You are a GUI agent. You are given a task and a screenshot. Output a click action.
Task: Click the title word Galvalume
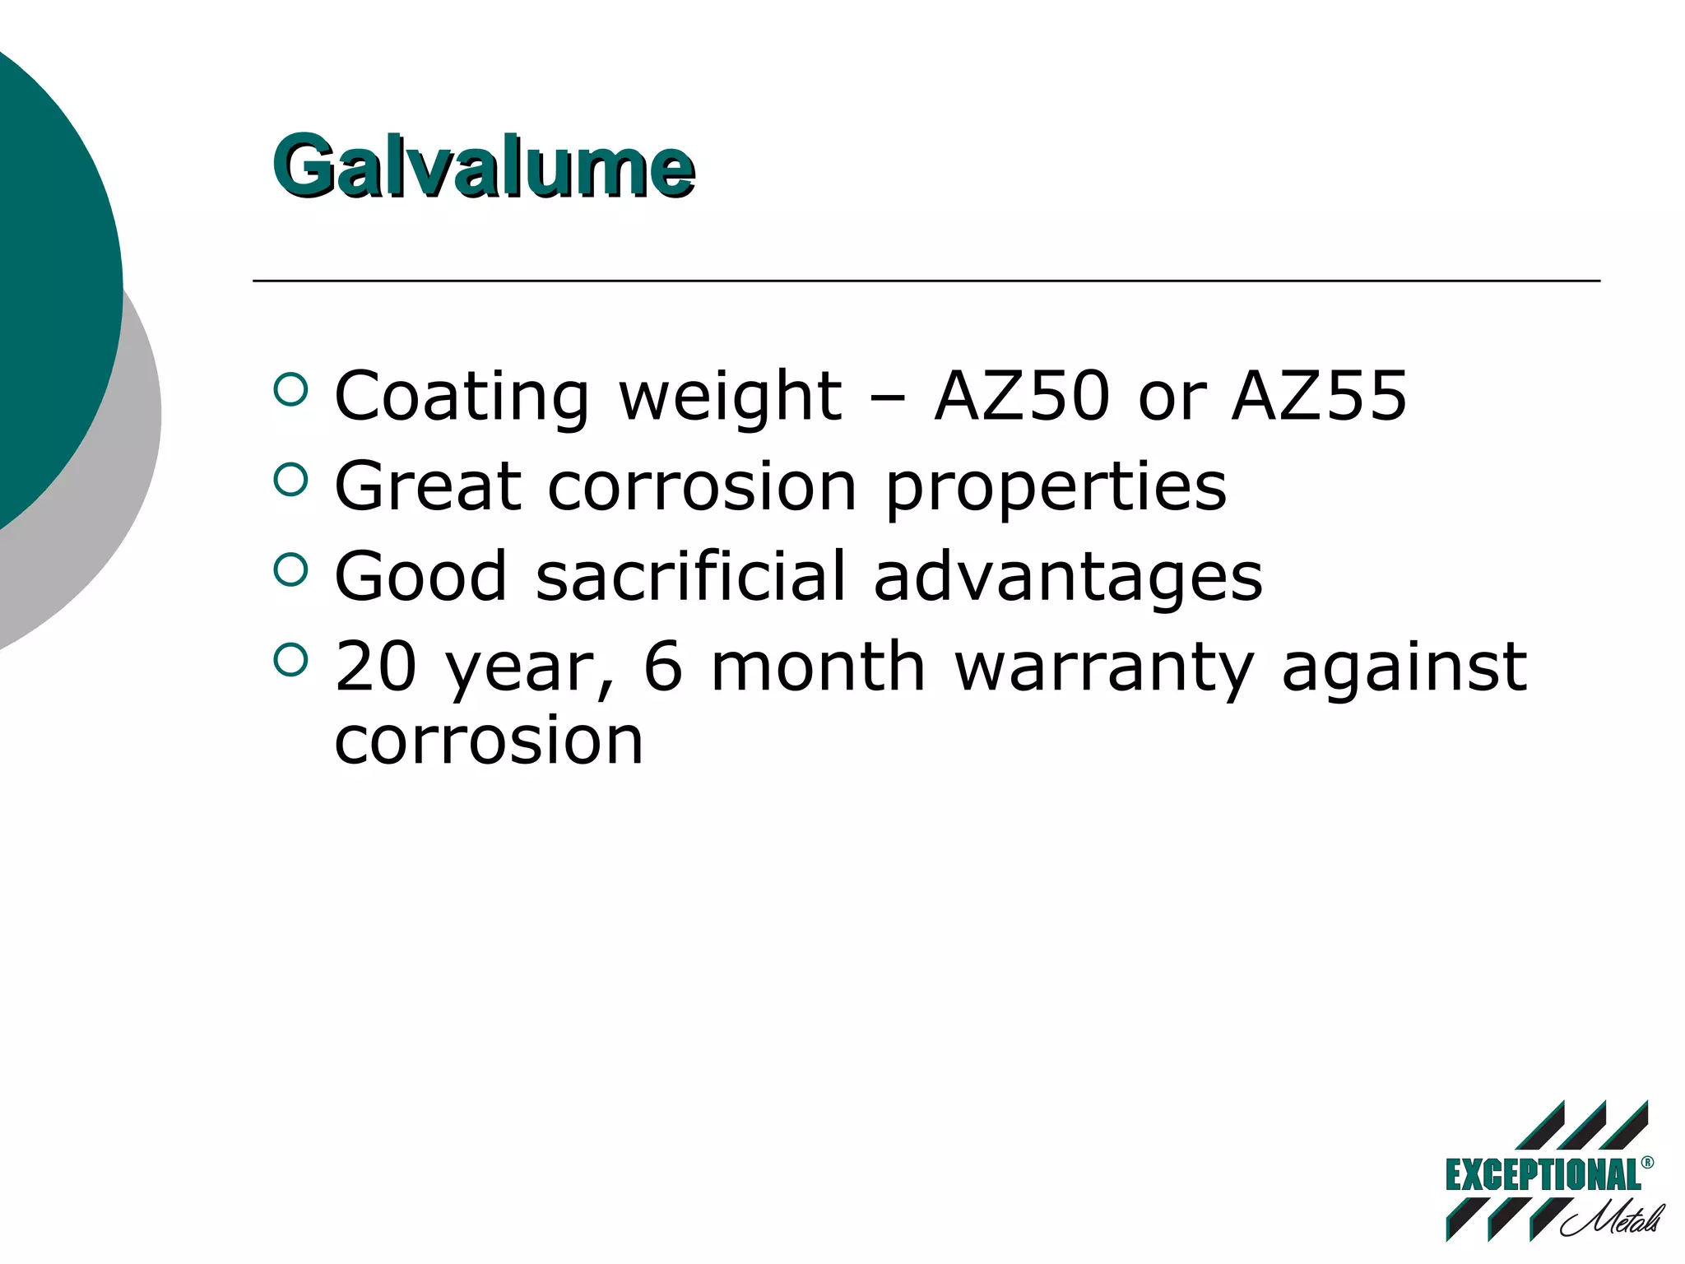484,167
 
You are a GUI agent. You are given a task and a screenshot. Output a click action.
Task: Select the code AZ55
1319,396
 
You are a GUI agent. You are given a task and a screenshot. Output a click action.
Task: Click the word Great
427,486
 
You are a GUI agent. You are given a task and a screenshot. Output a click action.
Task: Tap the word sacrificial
691,575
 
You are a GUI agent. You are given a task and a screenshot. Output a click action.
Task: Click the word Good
420,576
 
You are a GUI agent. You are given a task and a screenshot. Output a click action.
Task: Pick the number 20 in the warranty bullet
376,666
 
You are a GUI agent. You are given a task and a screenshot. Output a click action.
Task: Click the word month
818,666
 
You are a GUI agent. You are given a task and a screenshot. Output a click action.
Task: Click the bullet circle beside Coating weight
290,389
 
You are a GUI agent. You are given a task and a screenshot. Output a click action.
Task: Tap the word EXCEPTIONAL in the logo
1543,1175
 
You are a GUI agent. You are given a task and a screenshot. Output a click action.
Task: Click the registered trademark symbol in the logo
1647,1162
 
